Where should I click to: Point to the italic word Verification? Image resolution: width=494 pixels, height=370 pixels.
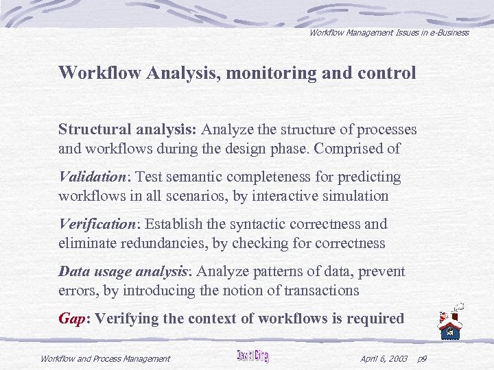(x=97, y=224)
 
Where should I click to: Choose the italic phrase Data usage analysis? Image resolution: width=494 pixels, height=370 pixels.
(x=122, y=271)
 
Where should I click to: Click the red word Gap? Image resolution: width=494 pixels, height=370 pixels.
(x=71, y=319)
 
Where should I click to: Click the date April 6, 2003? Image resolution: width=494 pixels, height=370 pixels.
(x=384, y=358)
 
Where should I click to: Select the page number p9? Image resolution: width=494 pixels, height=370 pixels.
(x=421, y=358)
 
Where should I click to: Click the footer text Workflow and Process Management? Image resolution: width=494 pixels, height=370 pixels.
(x=105, y=358)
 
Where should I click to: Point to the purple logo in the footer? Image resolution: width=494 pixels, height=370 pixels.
(x=252, y=356)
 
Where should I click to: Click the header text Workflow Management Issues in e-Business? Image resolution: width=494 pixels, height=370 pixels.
(x=388, y=32)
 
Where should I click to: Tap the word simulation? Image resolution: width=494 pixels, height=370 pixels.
(x=357, y=195)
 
